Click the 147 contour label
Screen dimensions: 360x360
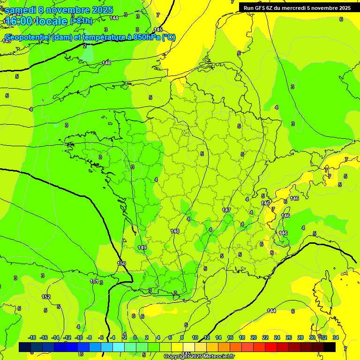[x=226, y=210]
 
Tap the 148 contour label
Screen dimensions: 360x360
[x=175, y=231]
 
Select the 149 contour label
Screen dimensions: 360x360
[x=142, y=247]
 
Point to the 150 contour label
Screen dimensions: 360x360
[x=121, y=264]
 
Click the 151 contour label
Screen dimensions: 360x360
[x=94, y=281]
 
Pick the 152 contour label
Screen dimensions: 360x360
[x=46, y=297]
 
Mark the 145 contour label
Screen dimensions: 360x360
[x=158, y=30]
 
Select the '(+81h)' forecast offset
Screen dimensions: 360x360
[x=82, y=21]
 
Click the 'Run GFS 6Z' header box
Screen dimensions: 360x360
[x=297, y=8]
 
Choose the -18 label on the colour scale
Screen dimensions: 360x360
[x=32, y=337]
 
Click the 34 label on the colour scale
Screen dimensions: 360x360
[x=336, y=337]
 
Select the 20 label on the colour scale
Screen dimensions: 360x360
[x=254, y=337]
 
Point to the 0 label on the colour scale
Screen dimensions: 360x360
[x=135, y=337]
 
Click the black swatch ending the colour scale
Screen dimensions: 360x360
[x=330, y=347]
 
